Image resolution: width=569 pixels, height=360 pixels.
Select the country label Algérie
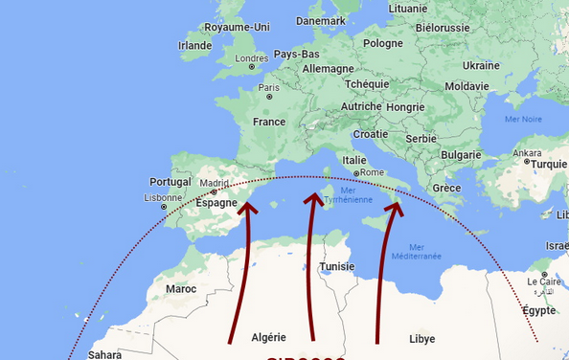tap(268, 337)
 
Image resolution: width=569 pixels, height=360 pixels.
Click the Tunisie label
tap(337, 266)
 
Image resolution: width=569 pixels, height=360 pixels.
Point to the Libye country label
tap(421, 339)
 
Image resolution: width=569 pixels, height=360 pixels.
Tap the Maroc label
tap(181, 288)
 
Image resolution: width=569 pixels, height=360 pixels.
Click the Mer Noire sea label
tap(524, 119)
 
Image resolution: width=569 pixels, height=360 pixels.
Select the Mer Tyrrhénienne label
tap(341, 195)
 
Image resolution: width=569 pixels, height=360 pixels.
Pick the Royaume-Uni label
tap(234, 28)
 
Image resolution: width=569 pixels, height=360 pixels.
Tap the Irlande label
tap(195, 45)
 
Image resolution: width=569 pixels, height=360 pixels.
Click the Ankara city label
tap(527, 153)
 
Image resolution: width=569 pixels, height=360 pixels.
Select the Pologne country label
tap(383, 43)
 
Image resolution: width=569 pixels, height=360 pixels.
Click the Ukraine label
tap(481, 65)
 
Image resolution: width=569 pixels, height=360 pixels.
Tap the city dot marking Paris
tap(270, 96)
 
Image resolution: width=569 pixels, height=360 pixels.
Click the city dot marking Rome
tap(356, 173)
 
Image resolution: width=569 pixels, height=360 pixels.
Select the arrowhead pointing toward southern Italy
tap(393, 208)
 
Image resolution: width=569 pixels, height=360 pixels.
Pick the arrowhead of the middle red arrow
tap(311, 200)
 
